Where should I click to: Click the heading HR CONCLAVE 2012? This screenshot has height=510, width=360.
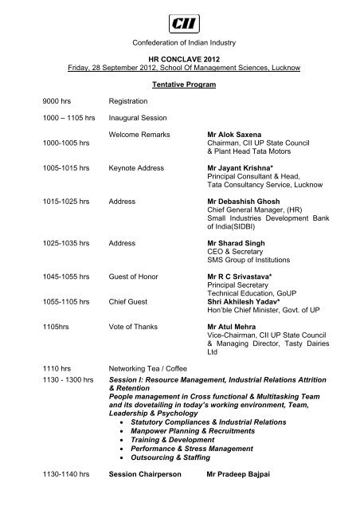click(180, 59)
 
